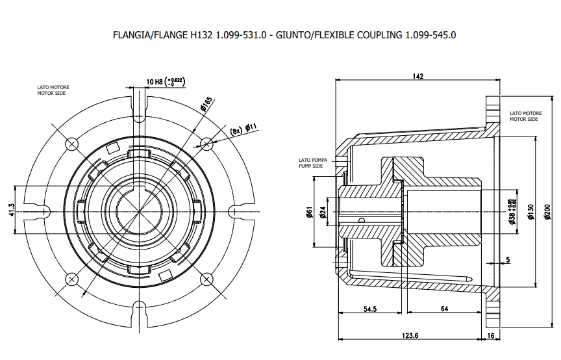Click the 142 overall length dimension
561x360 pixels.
pyautogui.click(x=418, y=76)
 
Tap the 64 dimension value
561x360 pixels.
pyautogui.click(x=444, y=309)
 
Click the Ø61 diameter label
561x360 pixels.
pyautogui.click(x=310, y=212)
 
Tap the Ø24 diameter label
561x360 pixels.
pyautogui.click(x=323, y=212)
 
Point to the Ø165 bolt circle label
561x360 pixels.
pyautogui.click(x=206, y=103)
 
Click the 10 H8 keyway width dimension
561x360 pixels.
pyautogui.click(x=166, y=81)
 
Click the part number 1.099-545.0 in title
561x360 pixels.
pyautogui.click(x=430, y=35)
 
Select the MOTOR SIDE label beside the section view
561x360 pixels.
pyautogui.click(x=524, y=119)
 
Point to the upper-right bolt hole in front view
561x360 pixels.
pyautogui.click(x=206, y=142)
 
